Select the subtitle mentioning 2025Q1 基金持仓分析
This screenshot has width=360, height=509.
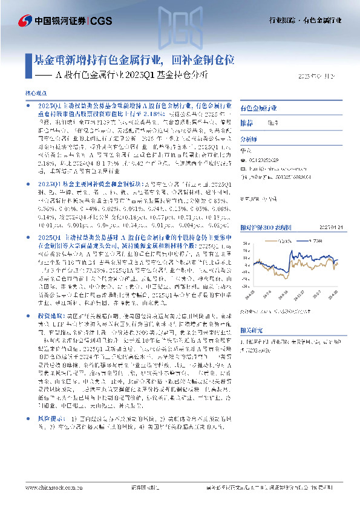[x=132, y=76]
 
